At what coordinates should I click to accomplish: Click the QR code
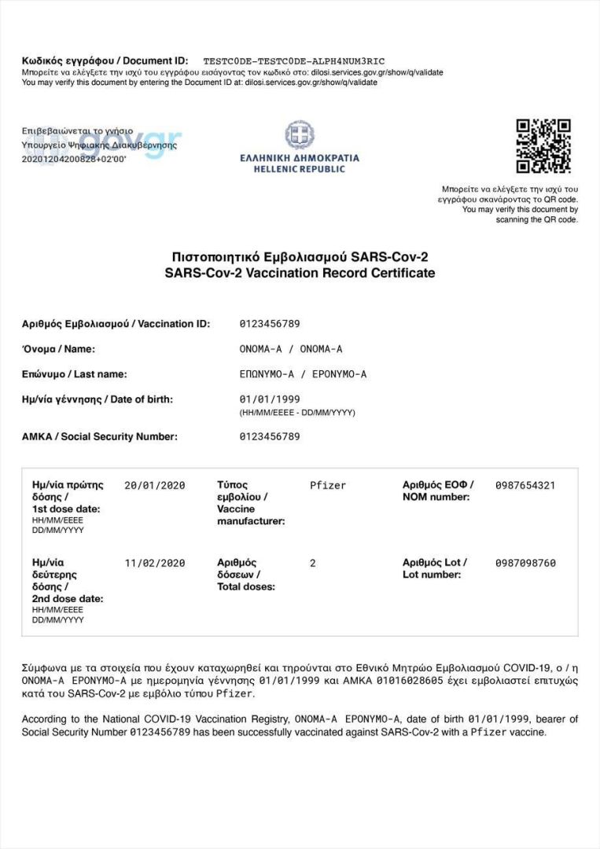click(x=543, y=146)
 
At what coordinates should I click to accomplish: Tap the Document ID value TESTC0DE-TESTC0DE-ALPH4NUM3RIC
click(x=294, y=61)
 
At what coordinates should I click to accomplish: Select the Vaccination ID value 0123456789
click(x=270, y=324)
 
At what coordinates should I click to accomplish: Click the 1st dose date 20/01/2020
click(x=155, y=485)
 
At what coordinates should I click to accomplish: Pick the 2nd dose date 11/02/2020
click(x=155, y=563)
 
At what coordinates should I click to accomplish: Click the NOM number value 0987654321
click(x=525, y=485)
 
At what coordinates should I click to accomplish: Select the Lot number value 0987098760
click(x=525, y=563)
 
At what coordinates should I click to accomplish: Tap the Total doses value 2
click(x=313, y=563)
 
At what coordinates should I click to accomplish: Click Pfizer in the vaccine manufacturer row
click(x=328, y=485)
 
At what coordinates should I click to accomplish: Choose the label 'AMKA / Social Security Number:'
click(x=100, y=436)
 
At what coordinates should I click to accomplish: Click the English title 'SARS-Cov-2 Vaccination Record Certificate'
click(x=300, y=273)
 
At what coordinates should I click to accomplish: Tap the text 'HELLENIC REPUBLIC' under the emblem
click(x=300, y=169)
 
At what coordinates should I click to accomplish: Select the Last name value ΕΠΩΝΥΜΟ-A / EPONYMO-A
click(x=303, y=374)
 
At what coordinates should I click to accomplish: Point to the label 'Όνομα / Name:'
click(x=58, y=349)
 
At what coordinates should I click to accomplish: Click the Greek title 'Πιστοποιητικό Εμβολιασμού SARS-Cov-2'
click(x=300, y=257)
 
